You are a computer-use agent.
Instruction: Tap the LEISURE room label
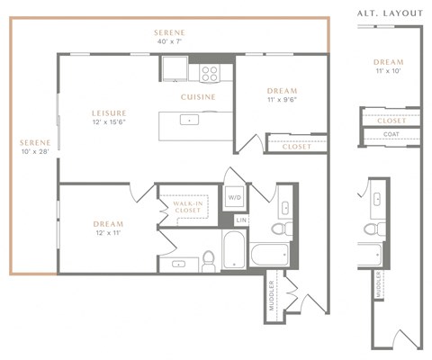(x=108, y=112)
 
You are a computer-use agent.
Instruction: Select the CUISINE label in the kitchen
(x=197, y=95)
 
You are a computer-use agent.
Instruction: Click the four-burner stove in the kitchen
(x=210, y=71)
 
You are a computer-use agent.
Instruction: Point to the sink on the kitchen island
(x=190, y=120)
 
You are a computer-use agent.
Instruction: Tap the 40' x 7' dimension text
(x=169, y=42)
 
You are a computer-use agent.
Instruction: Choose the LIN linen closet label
(x=240, y=220)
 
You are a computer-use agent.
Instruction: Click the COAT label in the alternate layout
(x=391, y=135)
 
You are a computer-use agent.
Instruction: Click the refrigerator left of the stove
(x=175, y=68)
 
